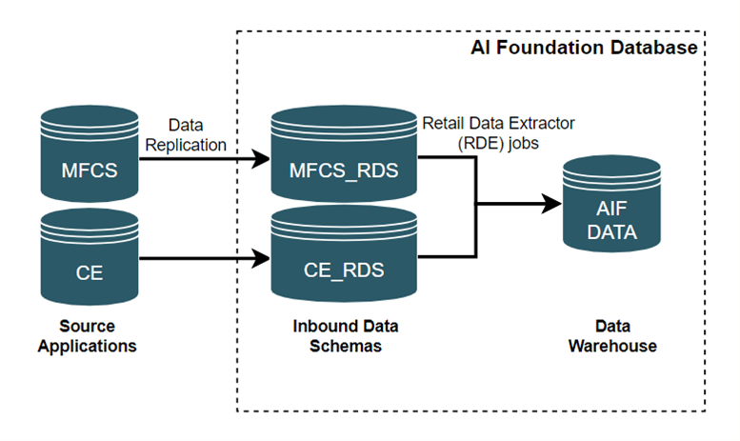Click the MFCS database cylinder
pos(89,156)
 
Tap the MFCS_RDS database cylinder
pos(344,156)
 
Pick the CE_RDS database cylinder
pos(344,257)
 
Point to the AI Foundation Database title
pos(585,48)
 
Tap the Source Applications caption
pos(87,335)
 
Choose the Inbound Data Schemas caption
pos(345,335)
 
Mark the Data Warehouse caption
pos(612,335)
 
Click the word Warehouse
pos(612,346)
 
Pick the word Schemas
pos(345,346)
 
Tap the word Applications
pos(87,346)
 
